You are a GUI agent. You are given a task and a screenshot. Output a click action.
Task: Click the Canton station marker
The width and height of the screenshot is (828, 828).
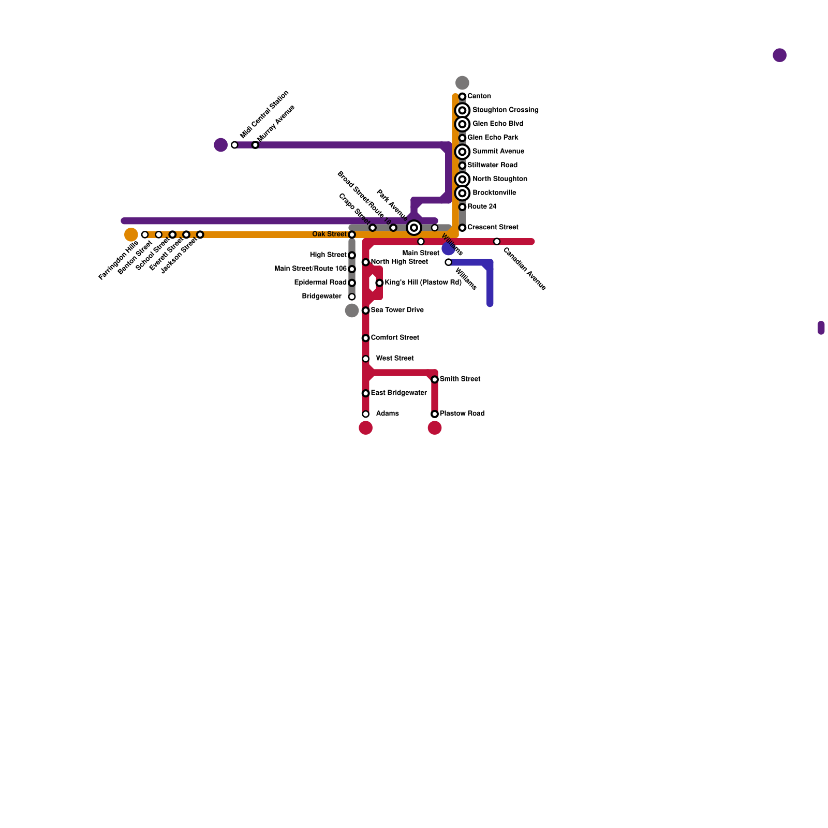[462, 97]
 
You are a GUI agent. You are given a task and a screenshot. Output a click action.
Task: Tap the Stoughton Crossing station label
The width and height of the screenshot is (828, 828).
[505, 110]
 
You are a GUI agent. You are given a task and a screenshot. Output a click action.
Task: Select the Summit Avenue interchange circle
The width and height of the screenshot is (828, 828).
[462, 152]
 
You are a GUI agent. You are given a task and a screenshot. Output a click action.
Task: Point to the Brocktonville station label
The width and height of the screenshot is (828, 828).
[494, 193]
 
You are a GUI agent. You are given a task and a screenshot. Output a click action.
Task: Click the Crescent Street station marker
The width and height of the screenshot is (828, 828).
[462, 228]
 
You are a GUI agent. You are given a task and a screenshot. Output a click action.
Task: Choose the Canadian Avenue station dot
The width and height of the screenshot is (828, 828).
[497, 242]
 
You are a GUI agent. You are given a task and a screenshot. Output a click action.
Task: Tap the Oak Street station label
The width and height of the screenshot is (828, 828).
[329, 234]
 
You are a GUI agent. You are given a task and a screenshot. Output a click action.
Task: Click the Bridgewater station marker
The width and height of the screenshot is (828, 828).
[352, 297]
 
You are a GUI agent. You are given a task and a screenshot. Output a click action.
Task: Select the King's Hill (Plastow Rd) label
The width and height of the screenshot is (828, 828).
[423, 283]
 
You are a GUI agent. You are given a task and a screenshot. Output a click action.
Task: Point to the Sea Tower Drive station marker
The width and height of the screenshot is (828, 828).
[366, 310]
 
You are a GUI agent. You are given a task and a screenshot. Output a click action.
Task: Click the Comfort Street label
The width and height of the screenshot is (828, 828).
[395, 338]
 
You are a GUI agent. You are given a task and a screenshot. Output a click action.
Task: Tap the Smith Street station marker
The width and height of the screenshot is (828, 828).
[435, 380]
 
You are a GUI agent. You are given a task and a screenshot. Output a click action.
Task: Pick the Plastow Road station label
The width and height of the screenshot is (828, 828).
[462, 414]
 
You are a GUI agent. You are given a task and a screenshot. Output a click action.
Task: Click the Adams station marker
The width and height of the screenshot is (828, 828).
[366, 414]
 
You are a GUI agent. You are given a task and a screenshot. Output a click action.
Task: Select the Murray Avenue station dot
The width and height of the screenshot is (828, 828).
[255, 145]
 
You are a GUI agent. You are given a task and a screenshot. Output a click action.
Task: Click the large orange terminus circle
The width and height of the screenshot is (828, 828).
[131, 234]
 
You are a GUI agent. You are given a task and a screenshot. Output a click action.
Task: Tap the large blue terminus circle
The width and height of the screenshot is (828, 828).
[448, 249]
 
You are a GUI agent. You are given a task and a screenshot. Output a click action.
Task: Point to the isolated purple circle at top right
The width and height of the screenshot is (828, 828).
[779, 55]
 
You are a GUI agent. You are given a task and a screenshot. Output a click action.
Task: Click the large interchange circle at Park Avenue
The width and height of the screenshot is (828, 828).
[414, 228]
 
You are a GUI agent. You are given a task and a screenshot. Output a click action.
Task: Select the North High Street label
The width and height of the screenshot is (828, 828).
[399, 262]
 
